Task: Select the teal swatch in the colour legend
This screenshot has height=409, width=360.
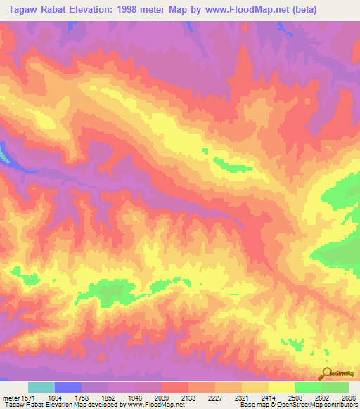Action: click(x=41, y=387)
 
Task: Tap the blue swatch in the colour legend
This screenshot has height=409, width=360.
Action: click(x=68, y=387)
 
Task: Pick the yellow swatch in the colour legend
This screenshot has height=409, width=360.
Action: click(x=281, y=387)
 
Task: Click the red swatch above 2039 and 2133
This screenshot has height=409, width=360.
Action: click(x=174, y=387)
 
